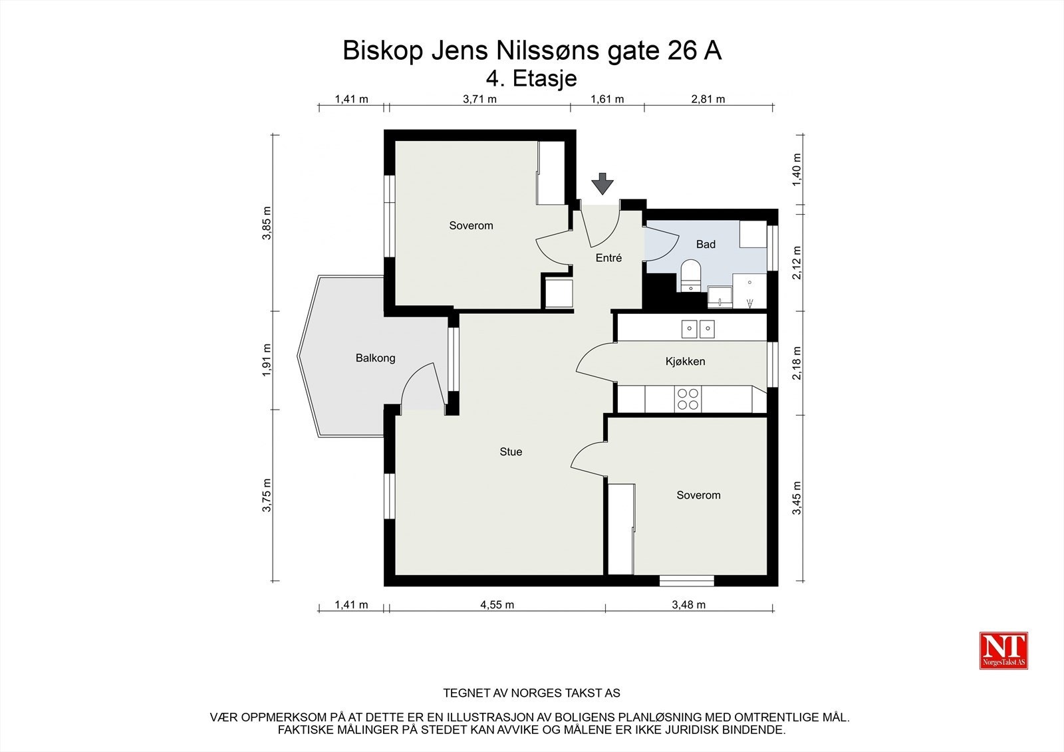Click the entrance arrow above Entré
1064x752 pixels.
(x=602, y=184)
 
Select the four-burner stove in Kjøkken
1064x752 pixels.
(x=688, y=399)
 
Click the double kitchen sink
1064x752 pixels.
(x=698, y=328)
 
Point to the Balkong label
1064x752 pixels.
(x=375, y=358)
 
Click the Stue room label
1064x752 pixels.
(x=511, y=452)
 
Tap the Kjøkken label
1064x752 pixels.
(x=685, y=362)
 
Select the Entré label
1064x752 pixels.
(x=608, y=258)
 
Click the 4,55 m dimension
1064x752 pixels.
(x=497, y=605)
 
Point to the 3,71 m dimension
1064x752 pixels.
(x=479, y=100)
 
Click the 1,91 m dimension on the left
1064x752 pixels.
(x=267, y=360)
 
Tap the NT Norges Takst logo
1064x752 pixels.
(x=1003, y=650)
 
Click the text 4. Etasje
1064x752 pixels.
(x=531, y=78)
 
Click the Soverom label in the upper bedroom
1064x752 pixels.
(x=471, y=226)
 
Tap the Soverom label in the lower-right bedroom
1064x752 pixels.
(x=698, y=495)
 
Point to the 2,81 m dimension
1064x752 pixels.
(x=708, y=100)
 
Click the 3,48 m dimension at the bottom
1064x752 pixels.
(x=688, y=605)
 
